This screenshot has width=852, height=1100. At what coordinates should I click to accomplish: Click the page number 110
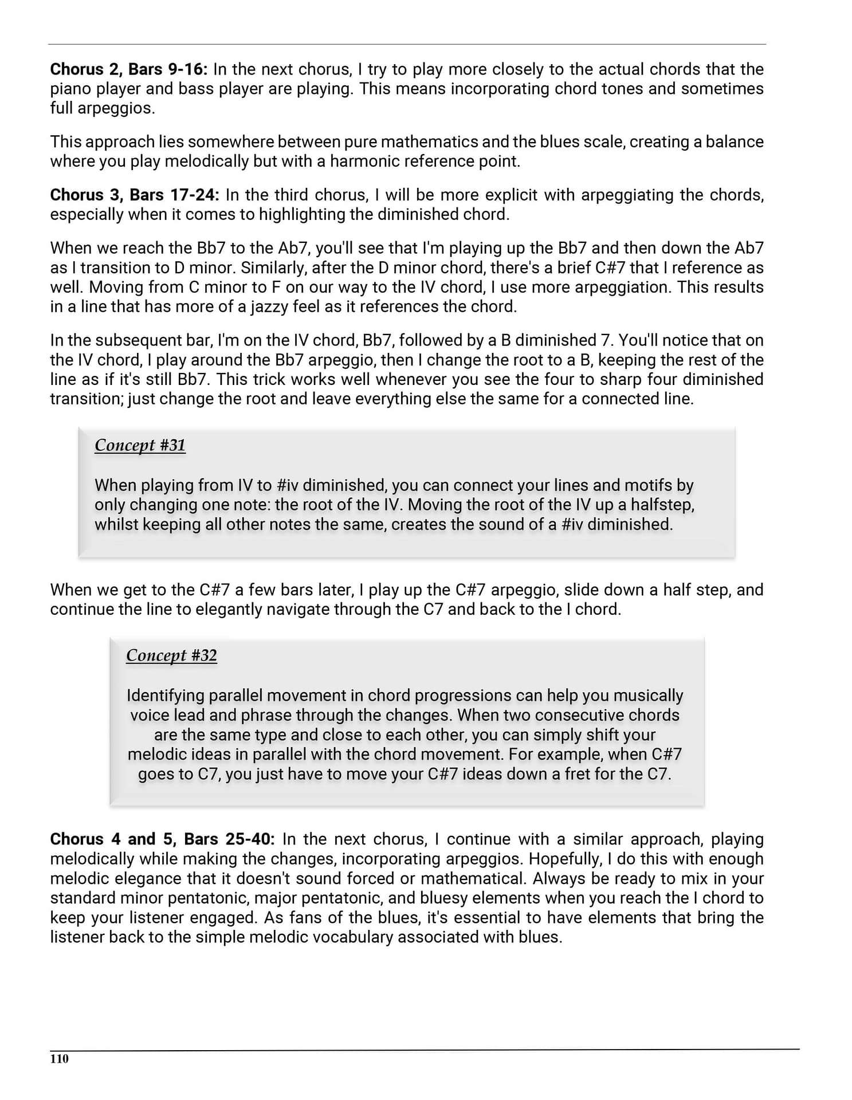click(x=59, y=1059)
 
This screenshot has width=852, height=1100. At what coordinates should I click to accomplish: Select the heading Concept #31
click(x=140, y=445)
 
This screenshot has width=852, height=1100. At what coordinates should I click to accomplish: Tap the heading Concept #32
click(x=171, y=655)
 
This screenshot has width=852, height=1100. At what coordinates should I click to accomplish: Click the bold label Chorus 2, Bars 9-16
click(x=128, y=69)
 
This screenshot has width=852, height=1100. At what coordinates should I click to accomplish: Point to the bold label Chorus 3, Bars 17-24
click(x=135, y=195)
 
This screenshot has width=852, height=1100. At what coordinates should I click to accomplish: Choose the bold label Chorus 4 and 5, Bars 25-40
click(x=162, y=839)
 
